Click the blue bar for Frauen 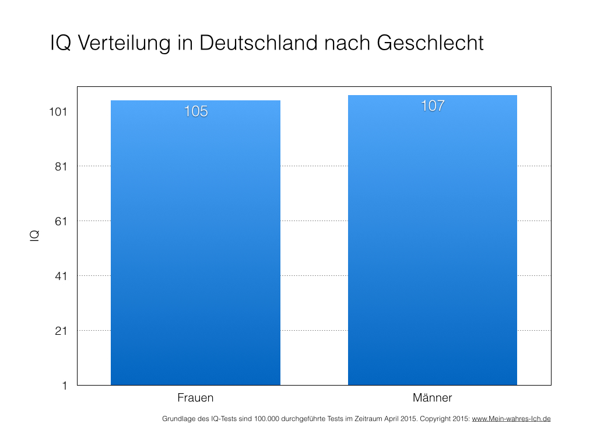tap(195, 245)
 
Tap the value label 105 tap(196, 111)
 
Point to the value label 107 tap(433, 106)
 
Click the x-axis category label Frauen tap(195, 398)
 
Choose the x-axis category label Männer tap(432, 398)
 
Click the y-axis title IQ tap(35, 236)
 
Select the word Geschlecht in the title tap(431, 43)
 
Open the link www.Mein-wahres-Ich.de tap(511, 419)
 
